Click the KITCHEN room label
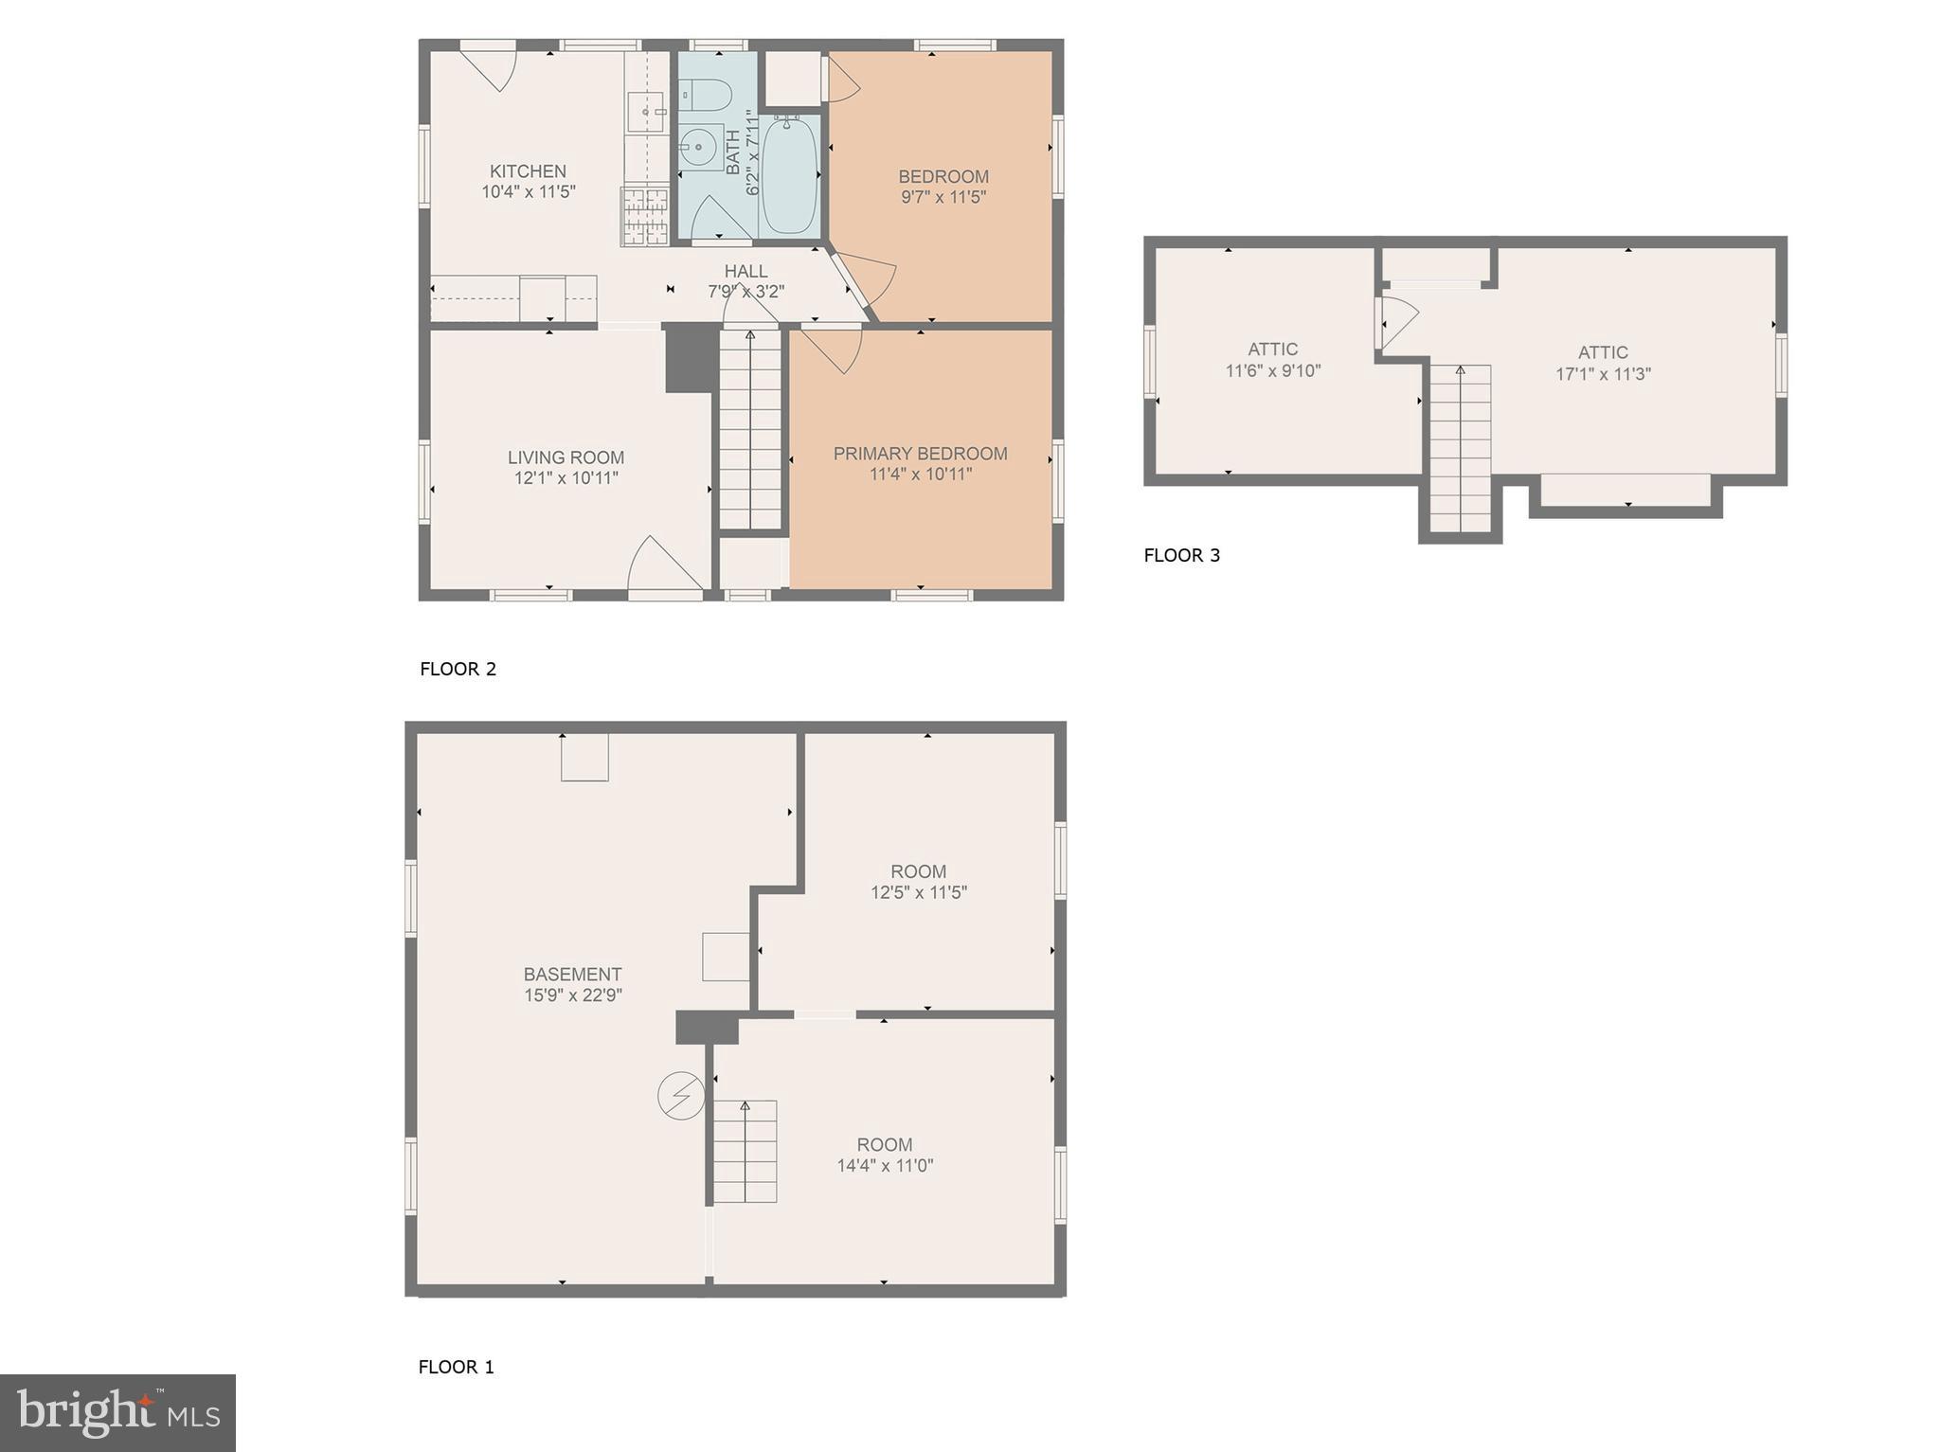pyautogui.click(x=528, y=171)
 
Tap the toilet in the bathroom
pyautogui.click(x=706, y=95)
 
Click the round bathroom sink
pyautogui.click(x=698, y=148)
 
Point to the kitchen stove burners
pyautogui.click(x=645, y=216)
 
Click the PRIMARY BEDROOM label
pyautogui.click(x=920, y=454)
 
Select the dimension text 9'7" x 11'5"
pyautogui.click(x=943, y=197)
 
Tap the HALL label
pyautogui.click(x=745, y=272)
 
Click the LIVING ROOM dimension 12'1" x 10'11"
pyautogui.click(x=566, y=478)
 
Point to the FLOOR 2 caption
pyautogui.click(x=458, y=669)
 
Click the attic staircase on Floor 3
pyautogui.click(x=1460, y=449)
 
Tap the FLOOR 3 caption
pyautogui.click(x=1181, y=555)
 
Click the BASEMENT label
pyautogui.click(x=572, y=974)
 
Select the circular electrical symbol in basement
pyautogui.click(x=681, y=1096)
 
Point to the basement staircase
pyautogui.click(x=745, y=1152)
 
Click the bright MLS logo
pyautogui.click(x=117, y=1412)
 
